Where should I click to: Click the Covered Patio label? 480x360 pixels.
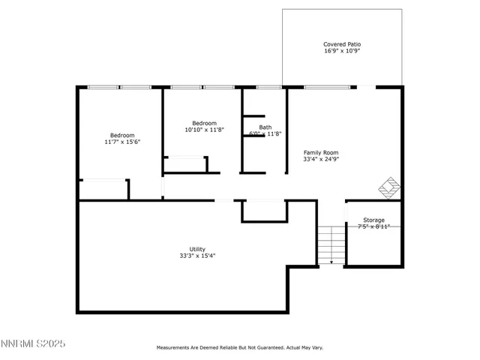point(342,44)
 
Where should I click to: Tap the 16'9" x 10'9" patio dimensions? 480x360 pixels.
point(342,52)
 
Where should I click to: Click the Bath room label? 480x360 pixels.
point(265,127)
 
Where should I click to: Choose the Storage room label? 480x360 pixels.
point(373,220)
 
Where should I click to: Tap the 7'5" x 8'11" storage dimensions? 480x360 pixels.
point(373,226)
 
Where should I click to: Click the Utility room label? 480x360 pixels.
point(197,249)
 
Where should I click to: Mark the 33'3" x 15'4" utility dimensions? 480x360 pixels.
point(197,256)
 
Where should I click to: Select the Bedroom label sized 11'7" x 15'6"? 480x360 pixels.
point(122,135)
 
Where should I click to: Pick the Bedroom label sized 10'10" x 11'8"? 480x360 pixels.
point(204,123)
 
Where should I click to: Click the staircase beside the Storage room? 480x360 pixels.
point(330,241)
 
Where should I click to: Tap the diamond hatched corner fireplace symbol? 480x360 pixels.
point(388,187)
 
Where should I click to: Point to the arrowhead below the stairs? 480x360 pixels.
point(331,263)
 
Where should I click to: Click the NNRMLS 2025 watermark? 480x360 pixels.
point(34,343)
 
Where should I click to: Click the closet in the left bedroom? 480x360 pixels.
point(103,189)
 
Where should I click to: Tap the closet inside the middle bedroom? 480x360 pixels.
point(186,164)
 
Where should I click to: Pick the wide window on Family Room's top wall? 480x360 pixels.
point(326,88)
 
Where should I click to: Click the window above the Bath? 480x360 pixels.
point(268,88)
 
